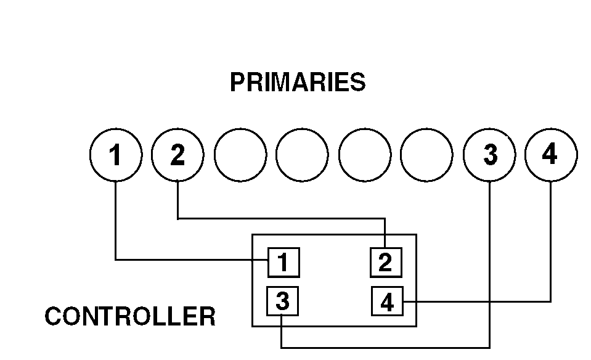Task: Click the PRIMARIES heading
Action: (x=297, y=82)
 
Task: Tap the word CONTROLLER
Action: (x=130, y=317)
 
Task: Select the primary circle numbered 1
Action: (x=116, y=155)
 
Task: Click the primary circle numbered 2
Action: (x=177, y=155)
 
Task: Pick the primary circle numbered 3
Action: (x=489, y=155)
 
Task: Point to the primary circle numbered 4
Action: (x=550, y=155)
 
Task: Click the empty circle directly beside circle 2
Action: (x=240, y=155)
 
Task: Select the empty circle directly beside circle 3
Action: (x=426, y=155)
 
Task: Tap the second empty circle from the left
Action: (x=302, y=155)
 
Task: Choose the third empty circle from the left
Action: (x=364, y=155)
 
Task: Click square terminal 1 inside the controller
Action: (x=283, y=263)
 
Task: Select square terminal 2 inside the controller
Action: (x=386, y=263)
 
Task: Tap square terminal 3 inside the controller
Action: (x=282, y=302)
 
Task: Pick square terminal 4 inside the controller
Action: (x=387, y=302)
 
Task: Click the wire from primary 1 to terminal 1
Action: (x=185, y=260)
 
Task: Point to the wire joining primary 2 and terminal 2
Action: (x=277, y=218)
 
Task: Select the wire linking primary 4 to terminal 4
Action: (x=481, y=301)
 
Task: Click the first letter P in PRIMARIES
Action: (x=237, y=82)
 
